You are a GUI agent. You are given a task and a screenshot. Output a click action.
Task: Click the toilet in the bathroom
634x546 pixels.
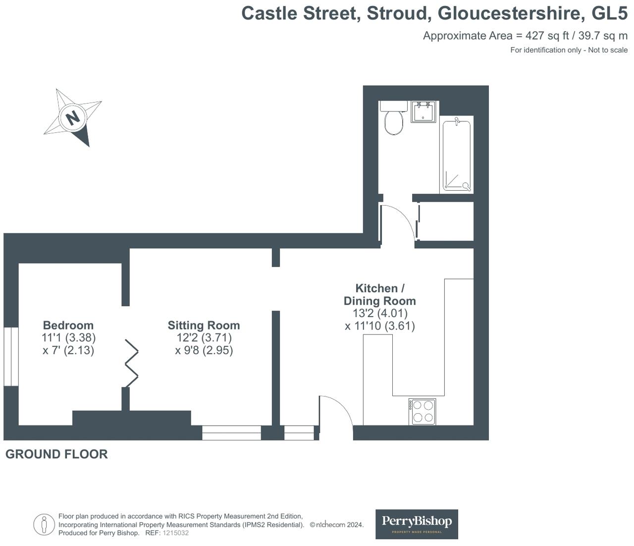coord(394,121)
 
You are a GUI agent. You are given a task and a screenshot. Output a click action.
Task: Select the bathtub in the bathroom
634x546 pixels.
coord(456,155)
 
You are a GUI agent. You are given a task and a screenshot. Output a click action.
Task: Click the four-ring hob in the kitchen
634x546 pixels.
coord(423,412)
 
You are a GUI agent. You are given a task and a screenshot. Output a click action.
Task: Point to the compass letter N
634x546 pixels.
coord(73,118)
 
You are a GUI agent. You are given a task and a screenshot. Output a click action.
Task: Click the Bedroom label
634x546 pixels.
coord(68,326)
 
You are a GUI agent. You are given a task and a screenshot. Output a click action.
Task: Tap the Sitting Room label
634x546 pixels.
coord(204,326)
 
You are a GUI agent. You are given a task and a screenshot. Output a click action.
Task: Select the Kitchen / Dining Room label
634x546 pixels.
coord(379,294)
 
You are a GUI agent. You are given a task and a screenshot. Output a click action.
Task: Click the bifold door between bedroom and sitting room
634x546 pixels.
coord(131,363)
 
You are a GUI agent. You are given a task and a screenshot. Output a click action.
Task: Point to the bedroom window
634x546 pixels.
coord(11,356)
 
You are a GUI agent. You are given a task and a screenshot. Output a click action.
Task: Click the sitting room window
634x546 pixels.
coord(231,433)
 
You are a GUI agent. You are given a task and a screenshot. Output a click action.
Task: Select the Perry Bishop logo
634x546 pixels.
coord(417,524)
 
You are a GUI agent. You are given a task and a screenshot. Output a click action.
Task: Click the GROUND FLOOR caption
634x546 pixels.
coord(56,454)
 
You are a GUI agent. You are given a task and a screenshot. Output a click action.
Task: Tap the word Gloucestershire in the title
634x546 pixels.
coord(509,13)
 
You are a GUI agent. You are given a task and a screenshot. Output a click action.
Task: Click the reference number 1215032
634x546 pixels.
coord(176,533)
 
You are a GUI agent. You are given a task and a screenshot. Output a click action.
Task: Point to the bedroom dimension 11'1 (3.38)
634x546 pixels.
coord(68,338)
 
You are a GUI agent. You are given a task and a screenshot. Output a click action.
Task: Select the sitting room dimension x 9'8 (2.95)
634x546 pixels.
coord(204,350)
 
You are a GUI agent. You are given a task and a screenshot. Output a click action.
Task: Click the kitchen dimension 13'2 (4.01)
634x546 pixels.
coord(380,313)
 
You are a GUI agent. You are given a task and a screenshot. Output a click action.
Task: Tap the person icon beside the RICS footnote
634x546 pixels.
coord(44,525)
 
